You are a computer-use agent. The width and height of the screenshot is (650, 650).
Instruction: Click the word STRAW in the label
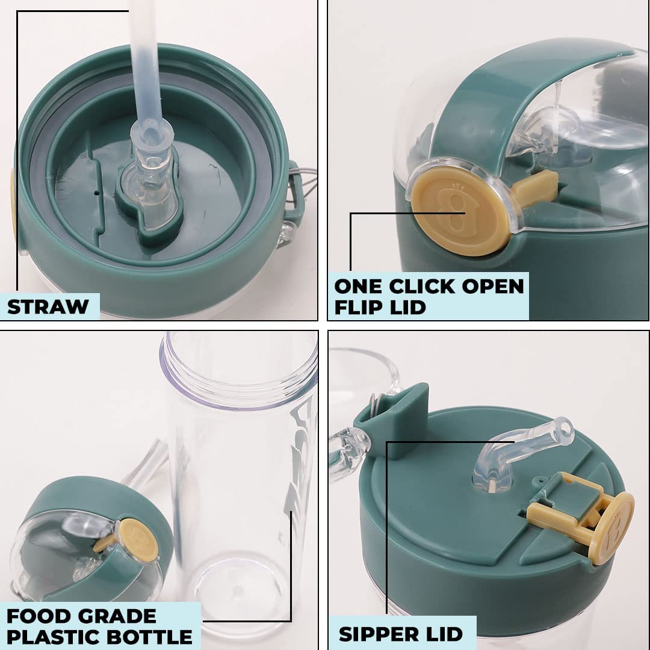point(48,307)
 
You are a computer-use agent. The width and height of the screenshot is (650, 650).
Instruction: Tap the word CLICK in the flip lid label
point(421,286)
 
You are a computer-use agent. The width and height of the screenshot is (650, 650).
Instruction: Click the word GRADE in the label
point(117,616)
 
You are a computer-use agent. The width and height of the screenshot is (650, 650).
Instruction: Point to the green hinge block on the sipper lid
point(392,419)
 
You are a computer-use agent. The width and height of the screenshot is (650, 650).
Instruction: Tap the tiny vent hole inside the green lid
point(96,193)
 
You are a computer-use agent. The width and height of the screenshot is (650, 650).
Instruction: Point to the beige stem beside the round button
point(535,188)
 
